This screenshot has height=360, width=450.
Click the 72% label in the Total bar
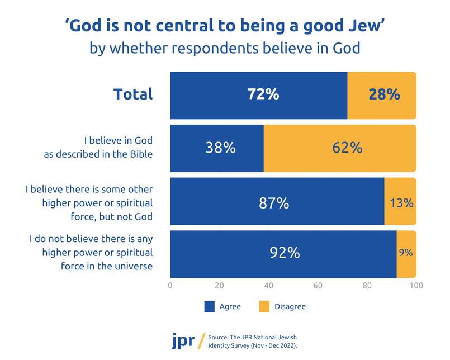[x=263, y=94]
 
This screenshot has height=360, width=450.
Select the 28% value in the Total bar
[x=384, y=94]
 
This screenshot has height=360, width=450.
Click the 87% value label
[x=274, y=202]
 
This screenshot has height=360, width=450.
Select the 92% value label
[x=285, y=253]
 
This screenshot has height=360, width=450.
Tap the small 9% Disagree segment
[x=406, y=253]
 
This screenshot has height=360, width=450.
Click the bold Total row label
[x=133, y=94]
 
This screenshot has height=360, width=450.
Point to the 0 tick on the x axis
[x=170, y=286]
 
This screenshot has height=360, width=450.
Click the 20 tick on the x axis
[x=219, y=286]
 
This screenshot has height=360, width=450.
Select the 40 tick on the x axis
[x=268, y=286]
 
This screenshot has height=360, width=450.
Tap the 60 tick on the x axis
[x=318, y=286]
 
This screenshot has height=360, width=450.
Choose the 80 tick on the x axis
[x=367, y=286]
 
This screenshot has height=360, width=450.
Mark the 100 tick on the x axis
[x=415, y=286]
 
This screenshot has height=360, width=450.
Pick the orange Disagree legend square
[x=266, y=306]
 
